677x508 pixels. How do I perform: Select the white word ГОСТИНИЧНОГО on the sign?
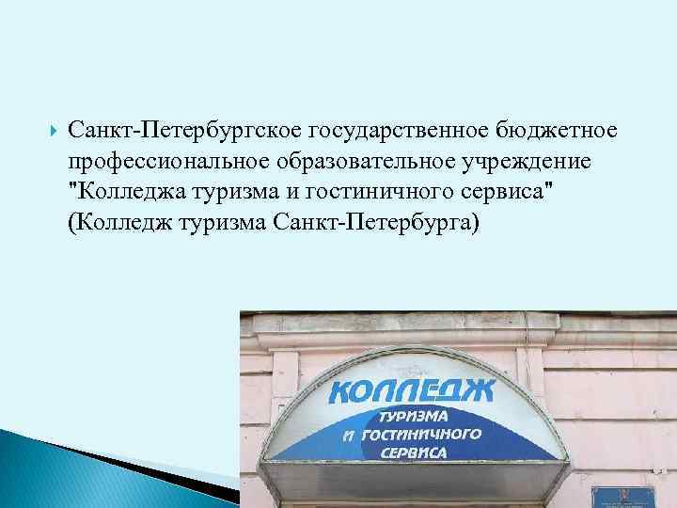click(422, 434)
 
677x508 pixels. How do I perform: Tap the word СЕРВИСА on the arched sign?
click(414, 452)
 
